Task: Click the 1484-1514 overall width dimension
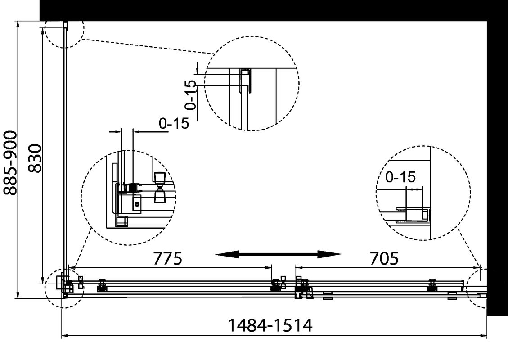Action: [x=270, y=325]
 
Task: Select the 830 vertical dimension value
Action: [x=35, y=158]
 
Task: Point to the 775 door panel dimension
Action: [x=167, y=258]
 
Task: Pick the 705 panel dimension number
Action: [x=384, y=258]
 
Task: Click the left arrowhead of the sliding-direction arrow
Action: [x=227, y=255]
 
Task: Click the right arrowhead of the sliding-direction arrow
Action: [x=330, y=255]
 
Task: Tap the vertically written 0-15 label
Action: [x=190, y=95]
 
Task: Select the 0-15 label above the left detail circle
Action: [x=174, y=123]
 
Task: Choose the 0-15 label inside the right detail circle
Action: [x=400, y=177]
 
